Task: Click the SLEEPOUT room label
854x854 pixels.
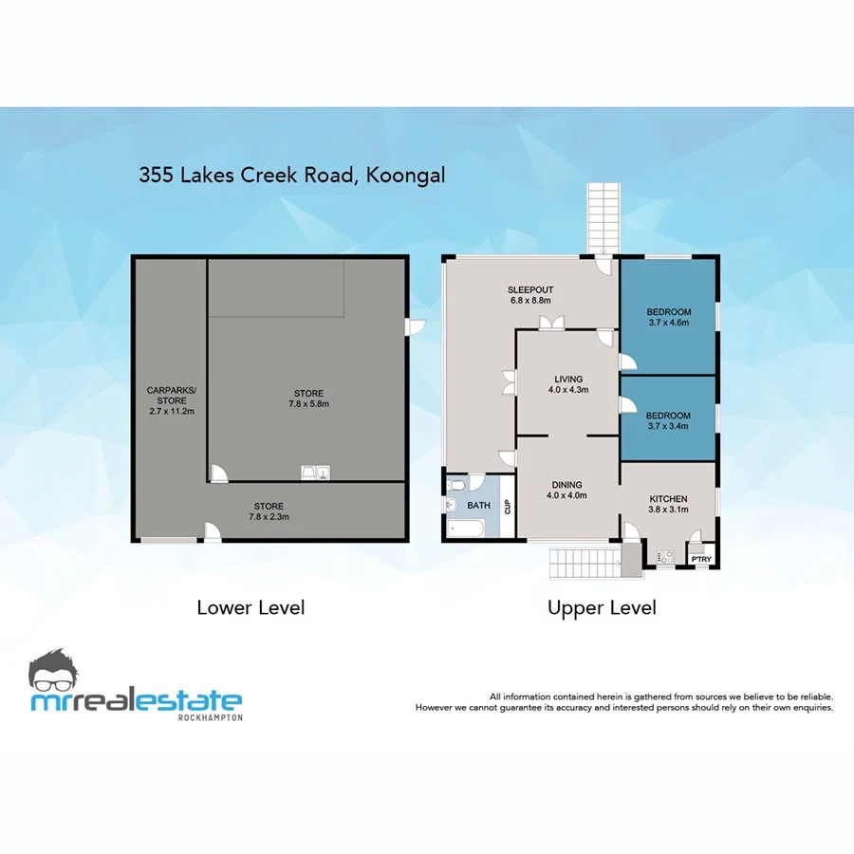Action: [x=529, y=289]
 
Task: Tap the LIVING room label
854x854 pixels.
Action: [x=569, y=379]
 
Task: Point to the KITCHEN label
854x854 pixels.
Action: [x=668, y=499]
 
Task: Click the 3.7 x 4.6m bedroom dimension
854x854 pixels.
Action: [x=669, y=324]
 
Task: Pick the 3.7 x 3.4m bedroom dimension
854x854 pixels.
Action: [x=669, y=426]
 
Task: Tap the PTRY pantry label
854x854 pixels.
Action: [x=701, y=559]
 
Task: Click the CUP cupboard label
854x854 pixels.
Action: [x=508, y=506]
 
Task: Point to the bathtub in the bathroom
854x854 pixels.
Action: [x=467, y=528]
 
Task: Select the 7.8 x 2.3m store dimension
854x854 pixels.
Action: [x=269, y=517]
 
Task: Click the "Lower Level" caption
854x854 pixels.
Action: [x=251, y=607]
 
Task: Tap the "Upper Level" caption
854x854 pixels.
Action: [x=602, y=607]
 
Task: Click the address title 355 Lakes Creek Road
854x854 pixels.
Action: [x=292, y=175]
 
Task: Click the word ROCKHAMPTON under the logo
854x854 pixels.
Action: [x=210, y=717]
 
